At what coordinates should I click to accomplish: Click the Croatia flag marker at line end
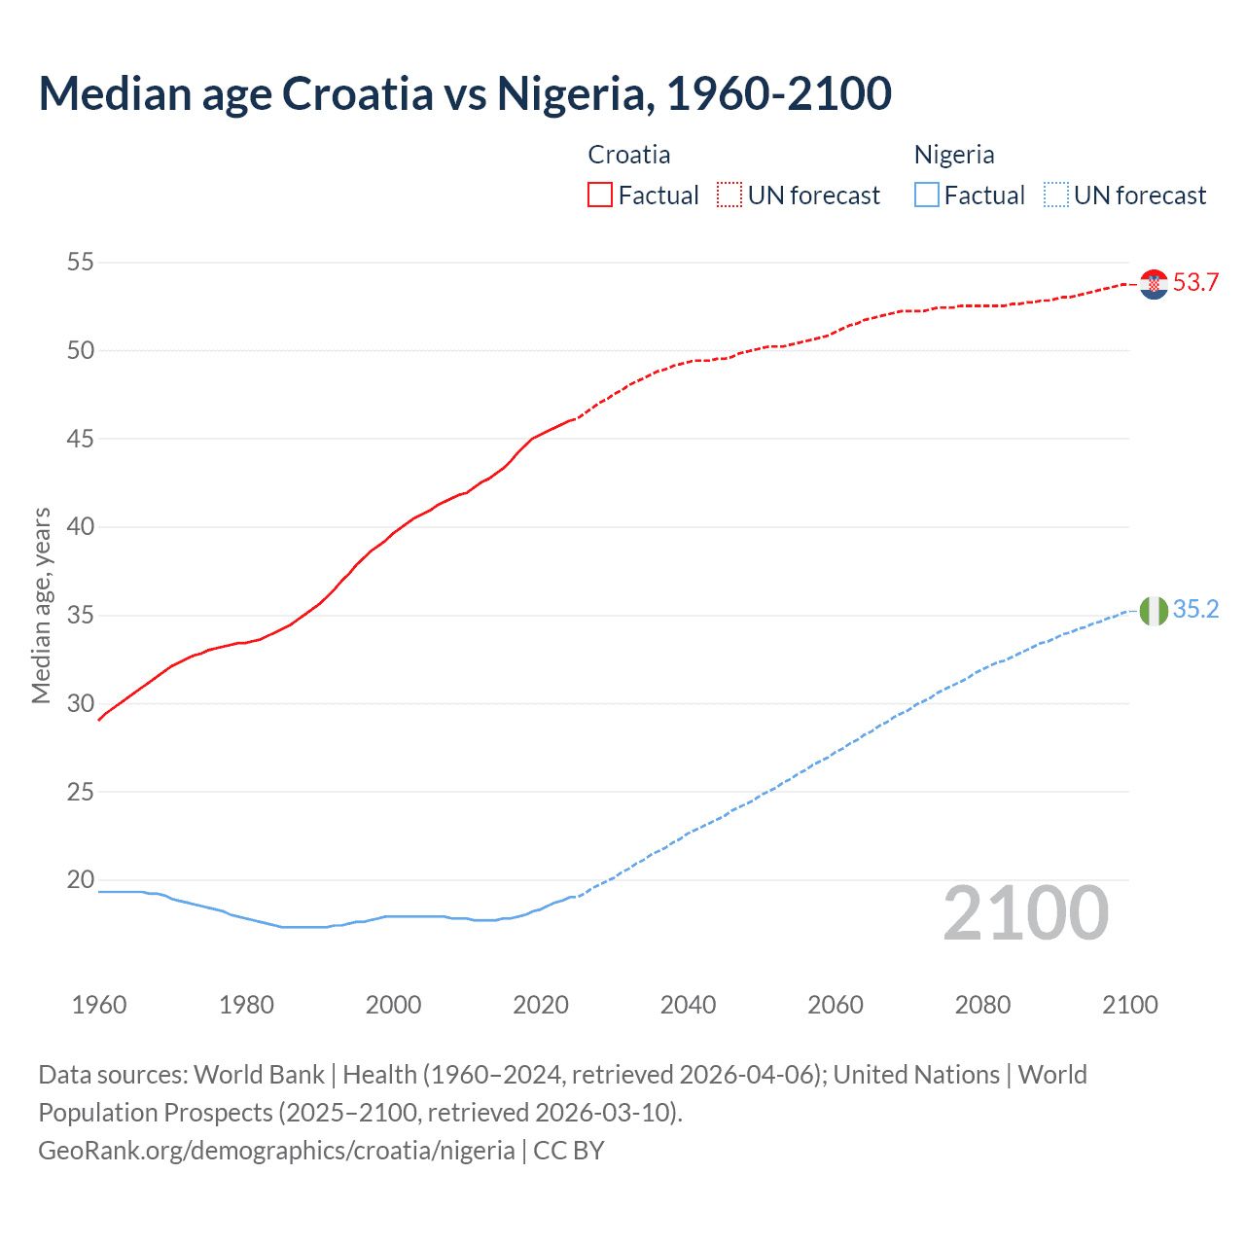1154,284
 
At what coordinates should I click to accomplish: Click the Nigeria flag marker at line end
1154,611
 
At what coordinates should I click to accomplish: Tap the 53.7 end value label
1195,283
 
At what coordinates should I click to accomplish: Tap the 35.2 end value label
1195,610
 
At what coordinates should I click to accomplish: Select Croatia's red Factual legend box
600,196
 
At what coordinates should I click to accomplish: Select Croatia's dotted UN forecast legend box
729,196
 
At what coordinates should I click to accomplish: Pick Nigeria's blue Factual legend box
927,196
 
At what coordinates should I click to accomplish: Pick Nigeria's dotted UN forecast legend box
1055,196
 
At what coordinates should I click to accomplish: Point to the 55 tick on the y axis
81,262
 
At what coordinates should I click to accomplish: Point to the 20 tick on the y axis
81,880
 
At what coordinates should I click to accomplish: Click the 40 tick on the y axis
81,527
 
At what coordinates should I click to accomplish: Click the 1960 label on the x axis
99,1005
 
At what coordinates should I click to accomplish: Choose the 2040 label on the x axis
688,1005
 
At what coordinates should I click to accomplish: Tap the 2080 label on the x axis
982,1005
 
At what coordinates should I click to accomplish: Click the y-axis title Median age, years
41,605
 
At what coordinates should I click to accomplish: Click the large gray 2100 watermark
1025,913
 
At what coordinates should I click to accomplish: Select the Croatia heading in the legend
629,155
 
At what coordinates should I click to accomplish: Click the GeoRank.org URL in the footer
276,1151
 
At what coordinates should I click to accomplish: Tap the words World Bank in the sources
259,1075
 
